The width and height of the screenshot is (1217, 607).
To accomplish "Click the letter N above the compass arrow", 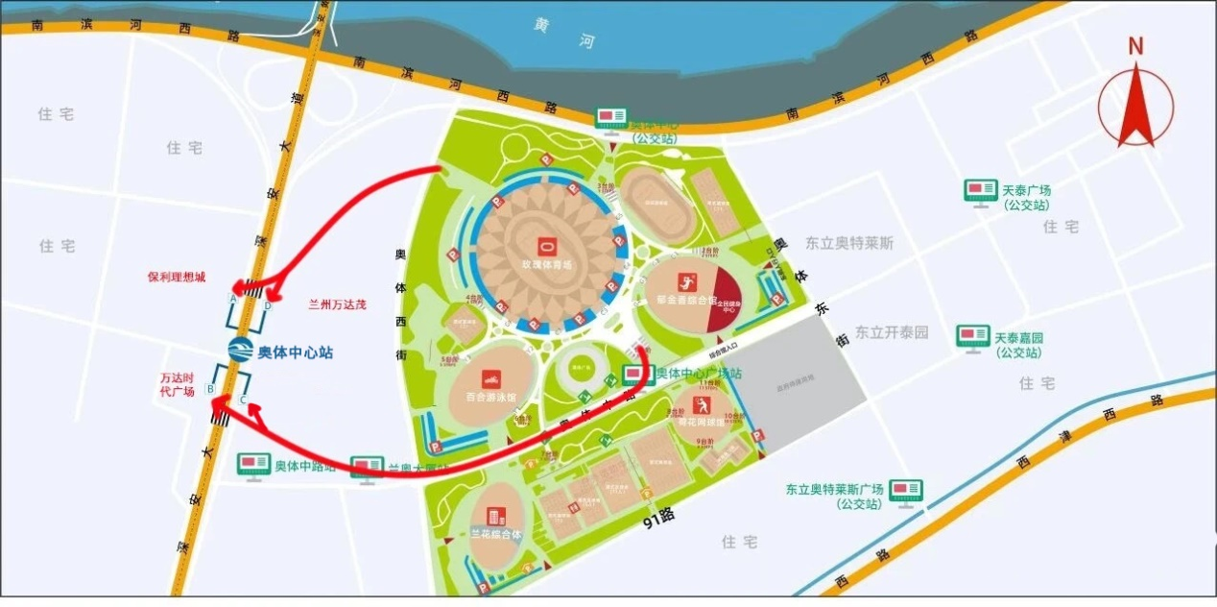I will coord(1135,46).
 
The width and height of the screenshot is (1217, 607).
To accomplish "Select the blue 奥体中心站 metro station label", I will coord(295,352).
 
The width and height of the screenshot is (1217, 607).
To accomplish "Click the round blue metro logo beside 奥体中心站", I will coord(239,352).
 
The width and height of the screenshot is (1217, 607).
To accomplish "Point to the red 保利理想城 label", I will coord(176,277).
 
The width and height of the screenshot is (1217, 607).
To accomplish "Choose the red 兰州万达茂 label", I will coord(337,304).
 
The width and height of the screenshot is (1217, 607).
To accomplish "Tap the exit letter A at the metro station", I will coord(232,298).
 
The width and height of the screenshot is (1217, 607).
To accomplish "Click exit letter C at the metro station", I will coord(244,400).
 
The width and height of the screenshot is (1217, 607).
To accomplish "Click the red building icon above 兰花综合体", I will coord(494,517).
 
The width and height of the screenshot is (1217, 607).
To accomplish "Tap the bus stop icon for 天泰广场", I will coord(980,190).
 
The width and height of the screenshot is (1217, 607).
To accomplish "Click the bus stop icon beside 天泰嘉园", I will coord(972,337).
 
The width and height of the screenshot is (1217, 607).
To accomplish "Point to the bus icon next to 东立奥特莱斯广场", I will coord(905,490).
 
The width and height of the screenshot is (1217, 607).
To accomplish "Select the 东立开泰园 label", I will coord(892,332).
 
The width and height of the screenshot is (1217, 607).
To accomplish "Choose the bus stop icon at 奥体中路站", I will coord(253,466).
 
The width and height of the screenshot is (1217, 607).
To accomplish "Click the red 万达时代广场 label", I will coord(178,384).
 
